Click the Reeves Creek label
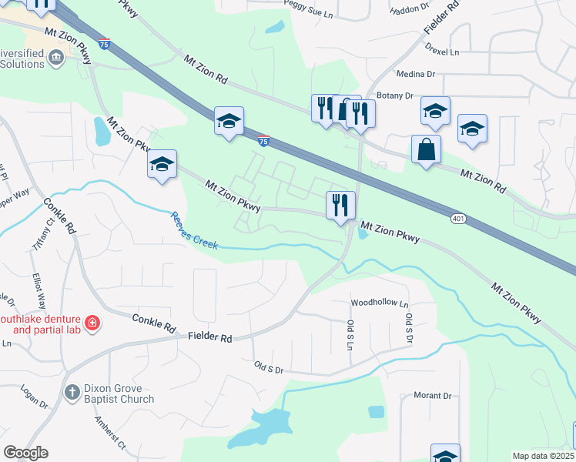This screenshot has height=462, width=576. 194,230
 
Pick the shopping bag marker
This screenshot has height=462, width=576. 426,149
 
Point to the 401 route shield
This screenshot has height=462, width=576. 458,219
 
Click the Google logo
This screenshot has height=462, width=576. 25,453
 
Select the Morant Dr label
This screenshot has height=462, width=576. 432,396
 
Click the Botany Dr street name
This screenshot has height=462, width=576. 396,95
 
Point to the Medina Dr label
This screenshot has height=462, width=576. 416,74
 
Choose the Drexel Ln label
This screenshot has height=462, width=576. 441,52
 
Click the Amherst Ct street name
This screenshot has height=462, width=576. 109,434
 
